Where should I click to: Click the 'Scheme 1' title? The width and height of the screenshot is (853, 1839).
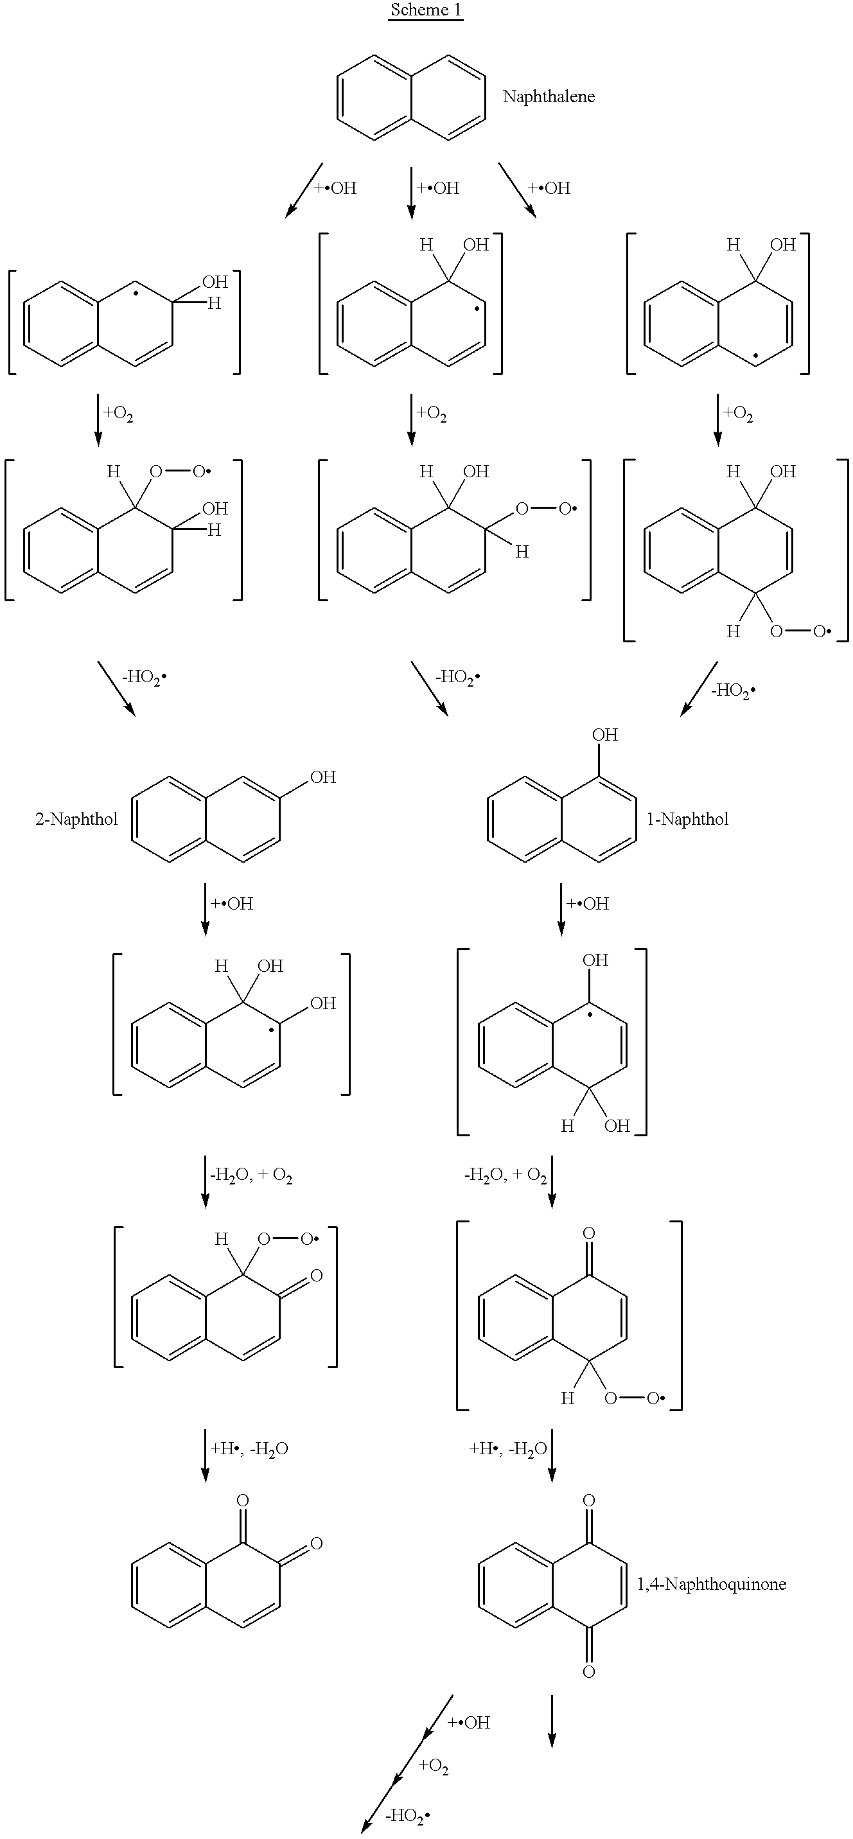[x=425, y=11]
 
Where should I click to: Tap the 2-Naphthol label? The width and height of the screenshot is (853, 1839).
[x=76, y=819]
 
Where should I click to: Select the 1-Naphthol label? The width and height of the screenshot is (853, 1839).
[x=687, y=819]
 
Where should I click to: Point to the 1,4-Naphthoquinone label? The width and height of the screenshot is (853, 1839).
[x=712, y=1583]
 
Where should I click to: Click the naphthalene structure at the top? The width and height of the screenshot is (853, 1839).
[x=411, y=96]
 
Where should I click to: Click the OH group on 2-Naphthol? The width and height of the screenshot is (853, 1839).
[x=322, y=777]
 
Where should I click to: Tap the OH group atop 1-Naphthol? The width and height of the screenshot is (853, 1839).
[x=604, y=735]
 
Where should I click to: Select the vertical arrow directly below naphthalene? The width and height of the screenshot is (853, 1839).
[x=411, y=192]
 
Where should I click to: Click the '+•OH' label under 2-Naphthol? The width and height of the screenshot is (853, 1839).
[x=232, y=904]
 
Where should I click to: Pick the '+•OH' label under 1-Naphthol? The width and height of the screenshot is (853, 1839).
[x=588, y=904]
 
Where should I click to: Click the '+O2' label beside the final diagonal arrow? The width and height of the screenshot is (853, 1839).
[x=434, y=1767]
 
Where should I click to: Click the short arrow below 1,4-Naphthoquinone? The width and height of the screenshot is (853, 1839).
[x=552, y=1721]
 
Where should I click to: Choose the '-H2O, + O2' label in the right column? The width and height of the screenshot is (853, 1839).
[x=506, y=1175]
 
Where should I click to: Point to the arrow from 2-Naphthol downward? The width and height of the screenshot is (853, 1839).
[x=206, y=909]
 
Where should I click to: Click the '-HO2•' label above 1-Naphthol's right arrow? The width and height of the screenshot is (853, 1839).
[x=734, y=690]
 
